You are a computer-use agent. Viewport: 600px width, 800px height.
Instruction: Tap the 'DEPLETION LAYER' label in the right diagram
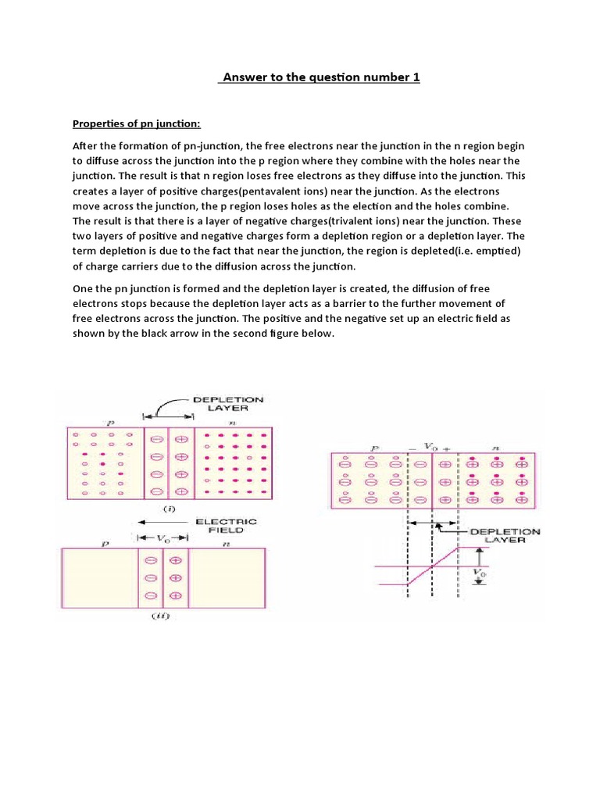[x=504, y=534]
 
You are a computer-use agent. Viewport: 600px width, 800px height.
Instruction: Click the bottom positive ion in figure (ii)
[x=175, y=596]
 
